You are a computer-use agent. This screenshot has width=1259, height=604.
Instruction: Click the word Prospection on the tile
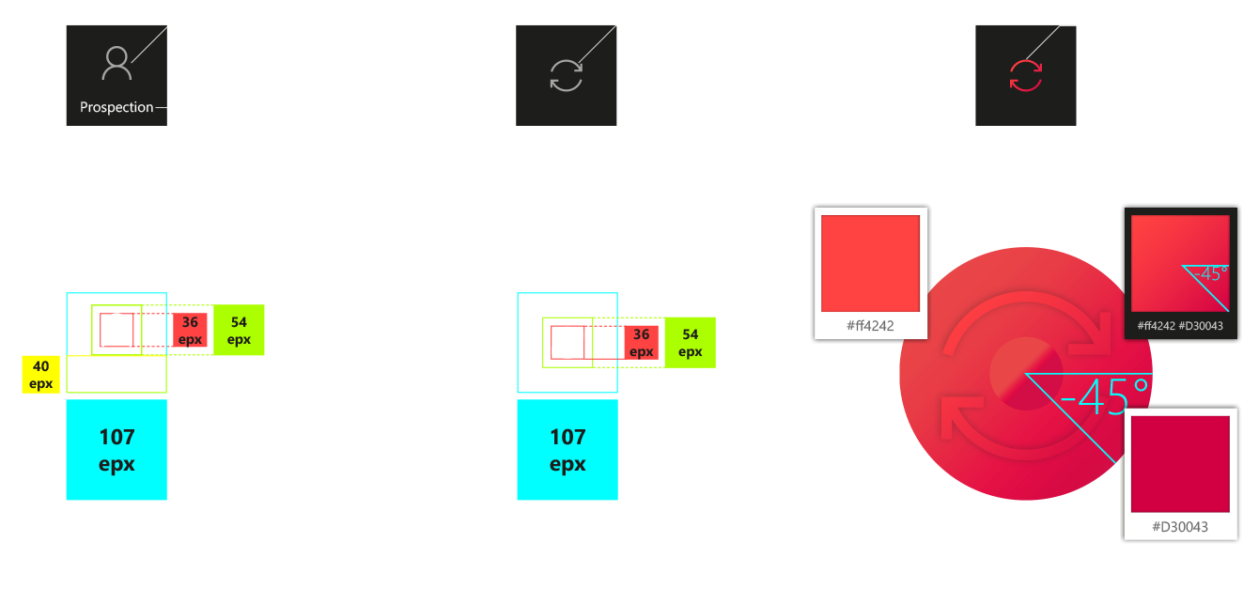coord(117,107)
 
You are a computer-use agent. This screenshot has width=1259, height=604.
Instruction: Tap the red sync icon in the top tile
coord(1025,75)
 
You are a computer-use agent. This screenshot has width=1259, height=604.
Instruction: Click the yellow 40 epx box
coord(41,374)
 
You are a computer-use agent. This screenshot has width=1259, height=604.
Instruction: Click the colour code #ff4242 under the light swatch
coord(870,326)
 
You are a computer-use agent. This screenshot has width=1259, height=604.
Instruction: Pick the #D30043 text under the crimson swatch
coord(1180,526)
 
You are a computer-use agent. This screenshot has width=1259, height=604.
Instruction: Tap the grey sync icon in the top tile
coord(567,75)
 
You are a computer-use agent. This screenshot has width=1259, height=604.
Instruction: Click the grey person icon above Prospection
coord(117,64)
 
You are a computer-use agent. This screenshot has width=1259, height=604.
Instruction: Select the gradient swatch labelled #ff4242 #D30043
coord(1180,263)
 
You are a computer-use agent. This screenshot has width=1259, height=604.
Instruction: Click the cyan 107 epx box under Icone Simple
coord(567,450)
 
